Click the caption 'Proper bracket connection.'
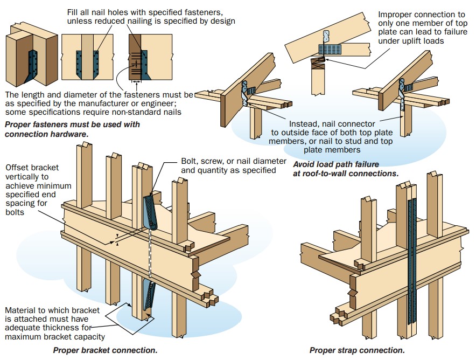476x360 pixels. click(x=105, y=350)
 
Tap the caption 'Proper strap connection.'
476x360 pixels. click(x=357, y=350)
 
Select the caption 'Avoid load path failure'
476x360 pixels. click(x=336, y=164)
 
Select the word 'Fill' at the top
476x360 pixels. click(x=72, y=12)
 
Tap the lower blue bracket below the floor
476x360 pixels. click(x=148, y=294)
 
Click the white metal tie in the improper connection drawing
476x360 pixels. click(x=326, y=37)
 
